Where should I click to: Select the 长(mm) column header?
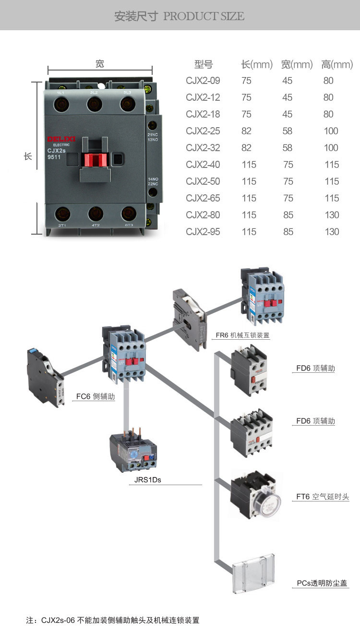tap(256, 64)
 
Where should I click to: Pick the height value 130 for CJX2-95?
tap(332, 232)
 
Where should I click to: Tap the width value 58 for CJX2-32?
tap(288, 148)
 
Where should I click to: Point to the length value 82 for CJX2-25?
tap(246, 131)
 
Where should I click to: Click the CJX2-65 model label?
tap(203, 198)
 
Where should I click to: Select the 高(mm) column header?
tap(336, 64)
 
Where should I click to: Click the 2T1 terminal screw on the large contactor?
tap(61, 213)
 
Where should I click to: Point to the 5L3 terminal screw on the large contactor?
tap(128, 104)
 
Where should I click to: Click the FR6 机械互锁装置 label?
tap(242, 335)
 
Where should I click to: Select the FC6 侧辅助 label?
tap(95, 397)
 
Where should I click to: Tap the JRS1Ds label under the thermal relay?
tap(144, 479)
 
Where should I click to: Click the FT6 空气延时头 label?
tap(322, 497)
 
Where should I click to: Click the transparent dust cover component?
tap(253, 574)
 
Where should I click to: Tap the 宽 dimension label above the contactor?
tap(100, 64)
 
